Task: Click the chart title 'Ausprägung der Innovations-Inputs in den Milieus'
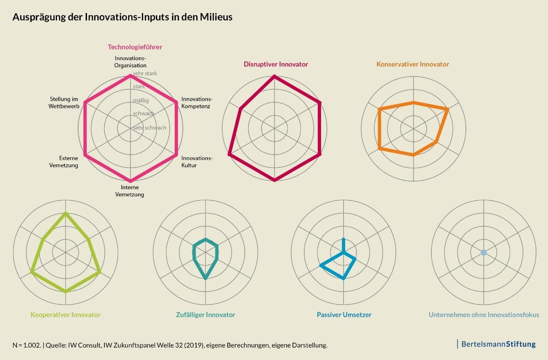click(x=122, y=17)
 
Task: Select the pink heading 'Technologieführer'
click(x=135, y=47)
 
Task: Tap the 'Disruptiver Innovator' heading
click(x=276, y=64)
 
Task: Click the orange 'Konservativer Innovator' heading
click(x=412, y=64)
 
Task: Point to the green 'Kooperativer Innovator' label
click(x=65, y=315)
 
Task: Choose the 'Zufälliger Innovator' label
click(x=206, y=315)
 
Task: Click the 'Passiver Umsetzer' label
click(x=344, y=315)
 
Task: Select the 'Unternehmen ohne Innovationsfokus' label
click(x=484, y=315)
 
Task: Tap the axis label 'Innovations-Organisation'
click(x=130, y=62)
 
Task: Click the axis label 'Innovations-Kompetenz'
click(x=197, y=103)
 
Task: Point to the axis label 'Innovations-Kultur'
click(x=197, y=162)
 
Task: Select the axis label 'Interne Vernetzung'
click(x=130, y=191)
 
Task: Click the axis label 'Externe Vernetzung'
click(x=64, y=162)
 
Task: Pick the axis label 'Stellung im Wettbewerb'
click(x=64, y=103)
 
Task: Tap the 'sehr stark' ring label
click(x=145, y=74)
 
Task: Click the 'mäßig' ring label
click(x=141, y=100)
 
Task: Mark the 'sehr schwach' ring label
click(x=149, y=128)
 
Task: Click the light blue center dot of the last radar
click(x=483, y=252)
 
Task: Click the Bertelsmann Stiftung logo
click(x=498, y=344)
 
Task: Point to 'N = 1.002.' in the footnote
click(x=26, y=345)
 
